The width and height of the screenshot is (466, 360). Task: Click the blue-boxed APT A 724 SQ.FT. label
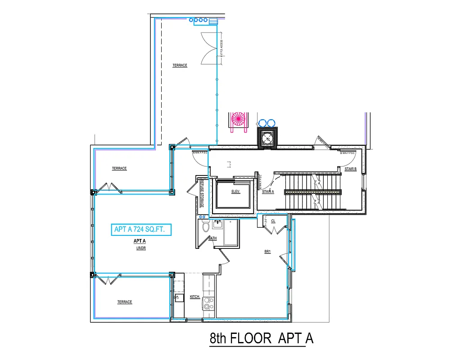pos(141,229)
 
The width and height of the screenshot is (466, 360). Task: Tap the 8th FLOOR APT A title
pos(261,338)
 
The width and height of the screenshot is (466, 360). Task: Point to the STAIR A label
pos(268,192)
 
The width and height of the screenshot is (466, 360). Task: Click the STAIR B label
pos(350,169)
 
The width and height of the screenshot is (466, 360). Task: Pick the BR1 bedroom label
pos(267,252)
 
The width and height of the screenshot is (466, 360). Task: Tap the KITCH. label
pos(195,297)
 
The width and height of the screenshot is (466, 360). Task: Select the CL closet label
pos(273,221)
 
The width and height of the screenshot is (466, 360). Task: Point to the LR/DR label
pos(141,248)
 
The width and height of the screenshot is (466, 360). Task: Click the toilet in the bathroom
pos(206,227)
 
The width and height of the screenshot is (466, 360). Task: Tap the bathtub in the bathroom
pos(230,233)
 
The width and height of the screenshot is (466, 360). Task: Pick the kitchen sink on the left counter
pos(179,297)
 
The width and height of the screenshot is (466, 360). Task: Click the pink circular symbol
pos(238,119)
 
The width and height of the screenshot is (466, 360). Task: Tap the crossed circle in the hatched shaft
pos(268,138)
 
